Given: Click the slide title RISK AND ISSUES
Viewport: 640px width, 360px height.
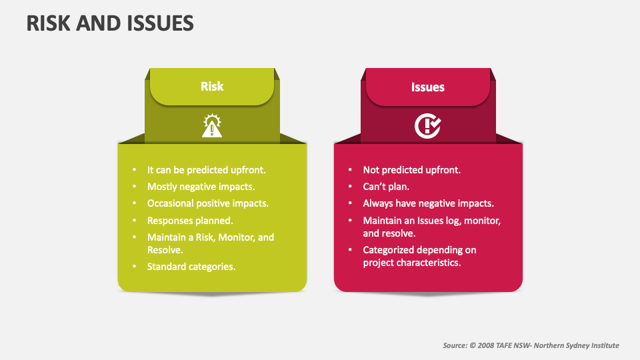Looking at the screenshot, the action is tap(110, 23).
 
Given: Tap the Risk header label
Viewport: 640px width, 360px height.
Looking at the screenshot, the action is tap(212, 86).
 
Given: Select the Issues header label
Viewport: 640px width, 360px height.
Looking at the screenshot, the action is tap(428, 87).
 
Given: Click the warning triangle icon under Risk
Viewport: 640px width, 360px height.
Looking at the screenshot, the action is tap(212, 126).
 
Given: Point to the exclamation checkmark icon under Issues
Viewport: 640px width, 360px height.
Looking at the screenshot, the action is tap(428, 126).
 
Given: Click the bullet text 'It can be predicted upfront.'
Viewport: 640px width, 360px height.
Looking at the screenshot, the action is tap(206, 170).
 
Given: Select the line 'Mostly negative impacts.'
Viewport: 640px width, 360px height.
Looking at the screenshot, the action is tap(201, 187).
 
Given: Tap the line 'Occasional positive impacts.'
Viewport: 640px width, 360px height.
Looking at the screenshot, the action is tap(208, 203).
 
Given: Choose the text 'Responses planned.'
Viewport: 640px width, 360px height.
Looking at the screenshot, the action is tap(190, 221).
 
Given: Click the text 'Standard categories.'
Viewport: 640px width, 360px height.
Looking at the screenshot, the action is tap(191, 267).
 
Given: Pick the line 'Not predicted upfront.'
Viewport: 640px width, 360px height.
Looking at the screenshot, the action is tap(412, 170).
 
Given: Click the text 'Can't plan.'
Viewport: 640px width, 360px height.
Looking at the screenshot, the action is tap(386, 187).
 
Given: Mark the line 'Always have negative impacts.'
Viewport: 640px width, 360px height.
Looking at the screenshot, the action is tap(429, 203).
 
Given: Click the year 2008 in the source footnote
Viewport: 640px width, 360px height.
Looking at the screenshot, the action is tap(486, 345).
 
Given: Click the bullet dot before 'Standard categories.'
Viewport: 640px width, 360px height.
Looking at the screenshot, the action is tap(134, 267).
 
